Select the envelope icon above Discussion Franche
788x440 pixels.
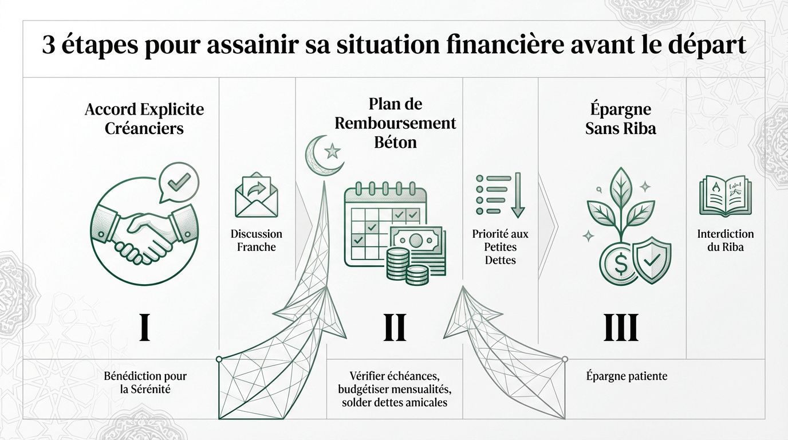(256, 196)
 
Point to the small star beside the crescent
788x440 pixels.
(332, 152)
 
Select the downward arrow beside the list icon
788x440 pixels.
(517, 195)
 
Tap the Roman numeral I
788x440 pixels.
(145, 328)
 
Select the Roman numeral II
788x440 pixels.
(394, 328)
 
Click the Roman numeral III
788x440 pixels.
(621, 328)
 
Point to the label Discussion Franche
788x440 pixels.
(256, 241)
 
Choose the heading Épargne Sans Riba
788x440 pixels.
(621, 119)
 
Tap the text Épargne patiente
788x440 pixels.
(627, 376)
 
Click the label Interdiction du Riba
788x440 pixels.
(726, 241)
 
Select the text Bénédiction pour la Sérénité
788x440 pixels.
(145, 383)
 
